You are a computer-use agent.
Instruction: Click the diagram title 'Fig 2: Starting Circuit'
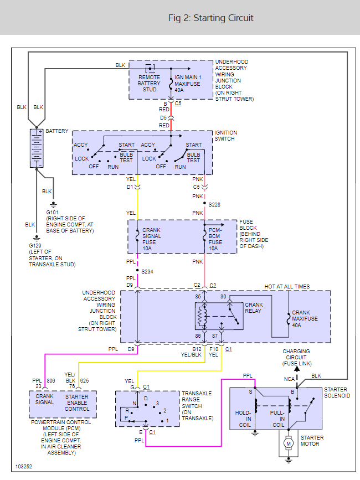[211, 18]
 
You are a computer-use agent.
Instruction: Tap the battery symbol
[37, 148]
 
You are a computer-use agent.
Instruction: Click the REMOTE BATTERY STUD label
[149, 84]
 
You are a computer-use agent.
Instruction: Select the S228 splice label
[214, 204]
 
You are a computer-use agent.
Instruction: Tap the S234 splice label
[147, 271]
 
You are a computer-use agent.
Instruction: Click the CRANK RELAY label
[254, 308]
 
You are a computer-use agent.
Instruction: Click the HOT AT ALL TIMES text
[287, 287]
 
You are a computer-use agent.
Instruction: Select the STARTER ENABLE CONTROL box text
[76, 402]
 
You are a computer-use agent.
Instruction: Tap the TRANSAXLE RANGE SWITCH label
[197, 405]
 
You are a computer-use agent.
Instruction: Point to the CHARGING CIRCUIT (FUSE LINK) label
[296, 357]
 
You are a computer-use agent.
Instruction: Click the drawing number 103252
[24, 467]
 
